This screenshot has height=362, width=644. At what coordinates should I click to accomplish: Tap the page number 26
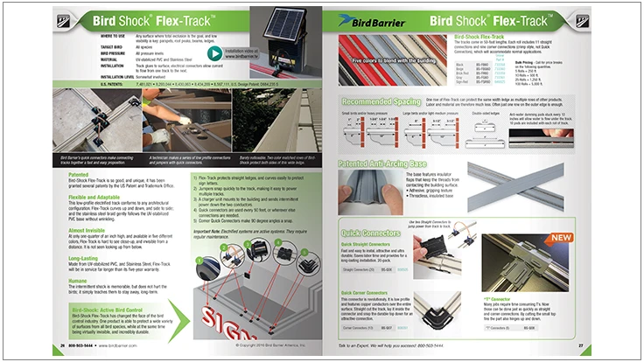click(x=63, y=347)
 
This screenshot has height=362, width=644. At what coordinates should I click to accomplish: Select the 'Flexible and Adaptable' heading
click(x=98, y=197)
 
